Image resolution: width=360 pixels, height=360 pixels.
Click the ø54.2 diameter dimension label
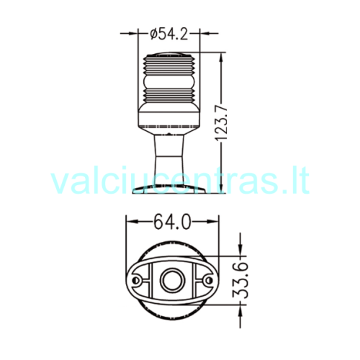click(x=168, y=34)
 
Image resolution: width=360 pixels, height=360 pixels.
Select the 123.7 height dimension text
click(x=221, y=123)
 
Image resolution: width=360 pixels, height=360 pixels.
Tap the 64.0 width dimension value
click(x=172, y=222)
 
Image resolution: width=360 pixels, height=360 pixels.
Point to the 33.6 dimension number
click(x=240, y=280)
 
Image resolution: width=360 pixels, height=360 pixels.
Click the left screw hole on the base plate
click(x=136, y=280)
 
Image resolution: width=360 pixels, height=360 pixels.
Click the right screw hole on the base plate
click(x=209, y=280)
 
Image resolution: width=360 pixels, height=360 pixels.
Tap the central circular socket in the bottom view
click(x=173, y=280)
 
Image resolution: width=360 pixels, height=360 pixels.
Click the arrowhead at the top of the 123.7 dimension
click(x=221, y=58)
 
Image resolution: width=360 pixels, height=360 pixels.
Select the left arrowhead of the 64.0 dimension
click(x=132, y=222)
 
